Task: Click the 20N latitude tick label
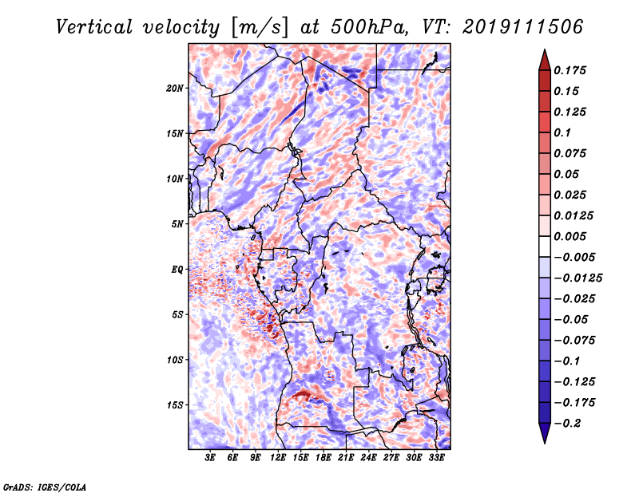(175, 88)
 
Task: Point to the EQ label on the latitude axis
(177, 270)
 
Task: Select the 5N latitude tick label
(177, 224)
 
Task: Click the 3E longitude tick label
(210, 458)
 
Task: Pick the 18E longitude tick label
(323, 458)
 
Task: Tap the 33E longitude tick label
(436, 458)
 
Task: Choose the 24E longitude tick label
(368, 458)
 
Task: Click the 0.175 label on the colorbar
(570, 70)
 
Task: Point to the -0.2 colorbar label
(567, 424)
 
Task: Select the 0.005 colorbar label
(570, 236)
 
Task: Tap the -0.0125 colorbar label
(577, 278)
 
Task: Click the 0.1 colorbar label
(562, 132)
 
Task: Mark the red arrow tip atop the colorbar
(545, 50)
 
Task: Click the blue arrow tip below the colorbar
(545, 443)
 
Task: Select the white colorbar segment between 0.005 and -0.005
(545, 246)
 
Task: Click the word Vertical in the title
(94, 27)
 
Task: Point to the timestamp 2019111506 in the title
(523, 27)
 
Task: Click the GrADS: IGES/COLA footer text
(45, 487)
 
